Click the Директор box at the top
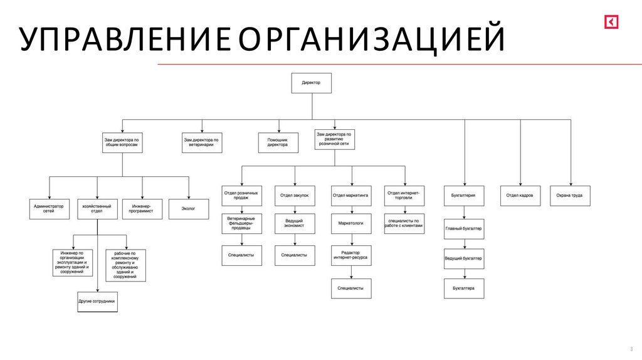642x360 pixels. coord(311,83)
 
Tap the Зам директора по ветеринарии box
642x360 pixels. coord(201,142)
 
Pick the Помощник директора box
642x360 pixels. coord(278,142)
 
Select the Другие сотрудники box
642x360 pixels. coord(97,302)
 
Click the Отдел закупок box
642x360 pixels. coord(294,196)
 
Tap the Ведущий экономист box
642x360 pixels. coord(294,225)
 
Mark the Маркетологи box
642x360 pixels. coord(351,223)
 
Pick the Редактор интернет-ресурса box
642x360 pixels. coord(351,255)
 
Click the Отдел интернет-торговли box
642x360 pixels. coord(404,196)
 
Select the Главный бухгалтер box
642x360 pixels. coord(464,229)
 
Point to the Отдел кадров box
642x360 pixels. coord(520,196)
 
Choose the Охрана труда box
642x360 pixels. coord(570,196)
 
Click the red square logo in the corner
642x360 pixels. coord(611,21)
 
